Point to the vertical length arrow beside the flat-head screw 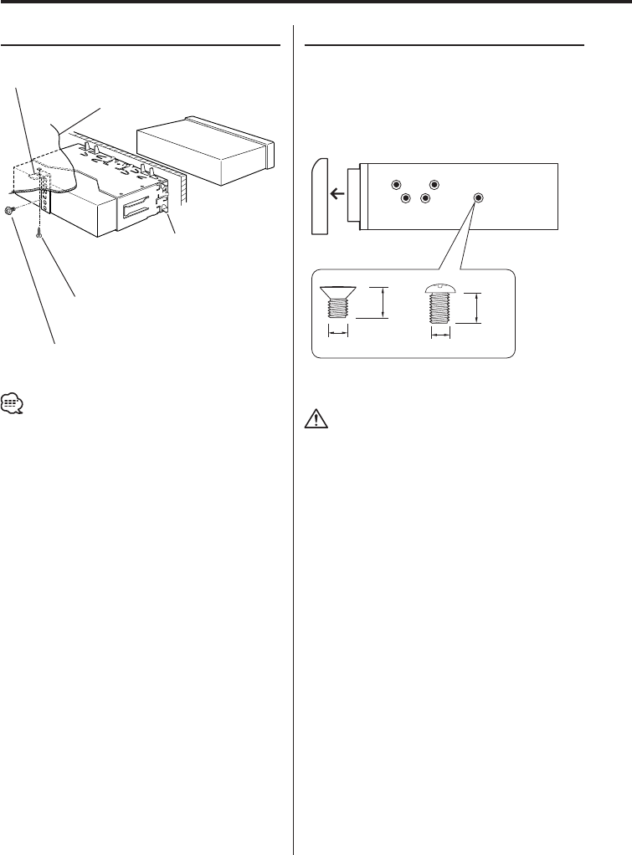click(x=383, y=302)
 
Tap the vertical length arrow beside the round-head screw click(x=477, y=307)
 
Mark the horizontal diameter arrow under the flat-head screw click(x=337, y=333)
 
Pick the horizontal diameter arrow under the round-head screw click(x=439, y=334)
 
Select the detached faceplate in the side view click(x=321, y=197)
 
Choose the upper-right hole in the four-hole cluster click(x=434, y=184)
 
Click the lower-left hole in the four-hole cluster click(x=405, y=198)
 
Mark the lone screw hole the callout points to click(x=478, y=198)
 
